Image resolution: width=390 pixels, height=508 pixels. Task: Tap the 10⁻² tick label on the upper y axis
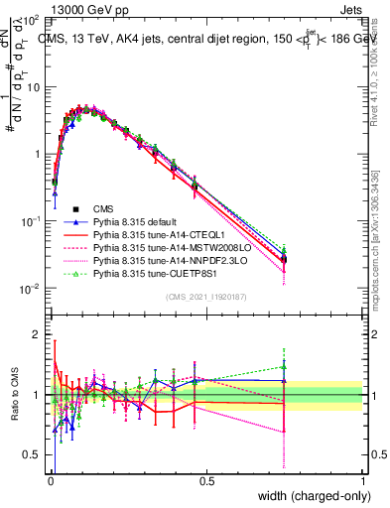click(x=33, y=289)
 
